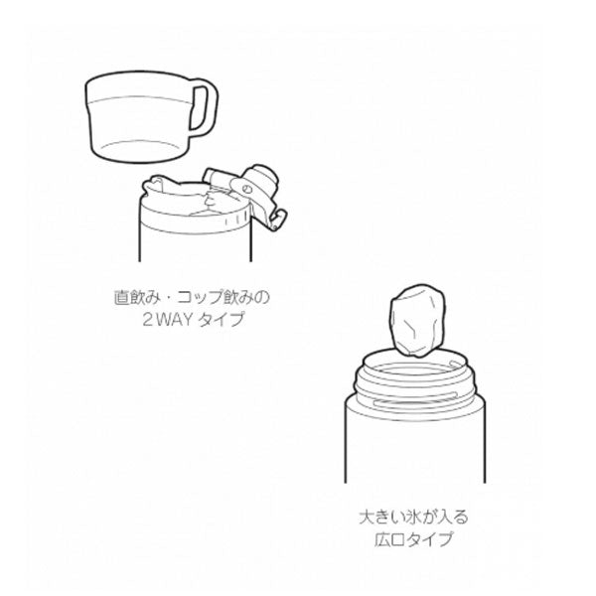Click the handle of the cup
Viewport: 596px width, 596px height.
[209, 107]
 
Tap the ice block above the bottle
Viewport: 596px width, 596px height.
[417, 321]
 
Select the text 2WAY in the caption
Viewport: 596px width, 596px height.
[168, 319]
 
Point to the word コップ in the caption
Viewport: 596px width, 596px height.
[201, 298]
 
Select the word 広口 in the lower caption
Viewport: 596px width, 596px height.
[389, 539]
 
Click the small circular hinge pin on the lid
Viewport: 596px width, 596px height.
[246, 188]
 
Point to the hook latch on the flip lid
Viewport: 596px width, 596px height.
[278, 220]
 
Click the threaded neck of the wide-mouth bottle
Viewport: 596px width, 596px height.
[414, 383]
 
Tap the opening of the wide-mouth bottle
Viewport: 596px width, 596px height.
[414, 365]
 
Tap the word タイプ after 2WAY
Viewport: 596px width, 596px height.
[221, 319]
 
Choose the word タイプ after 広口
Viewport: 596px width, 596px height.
[429, 539]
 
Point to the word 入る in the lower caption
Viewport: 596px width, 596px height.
[454, 518]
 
